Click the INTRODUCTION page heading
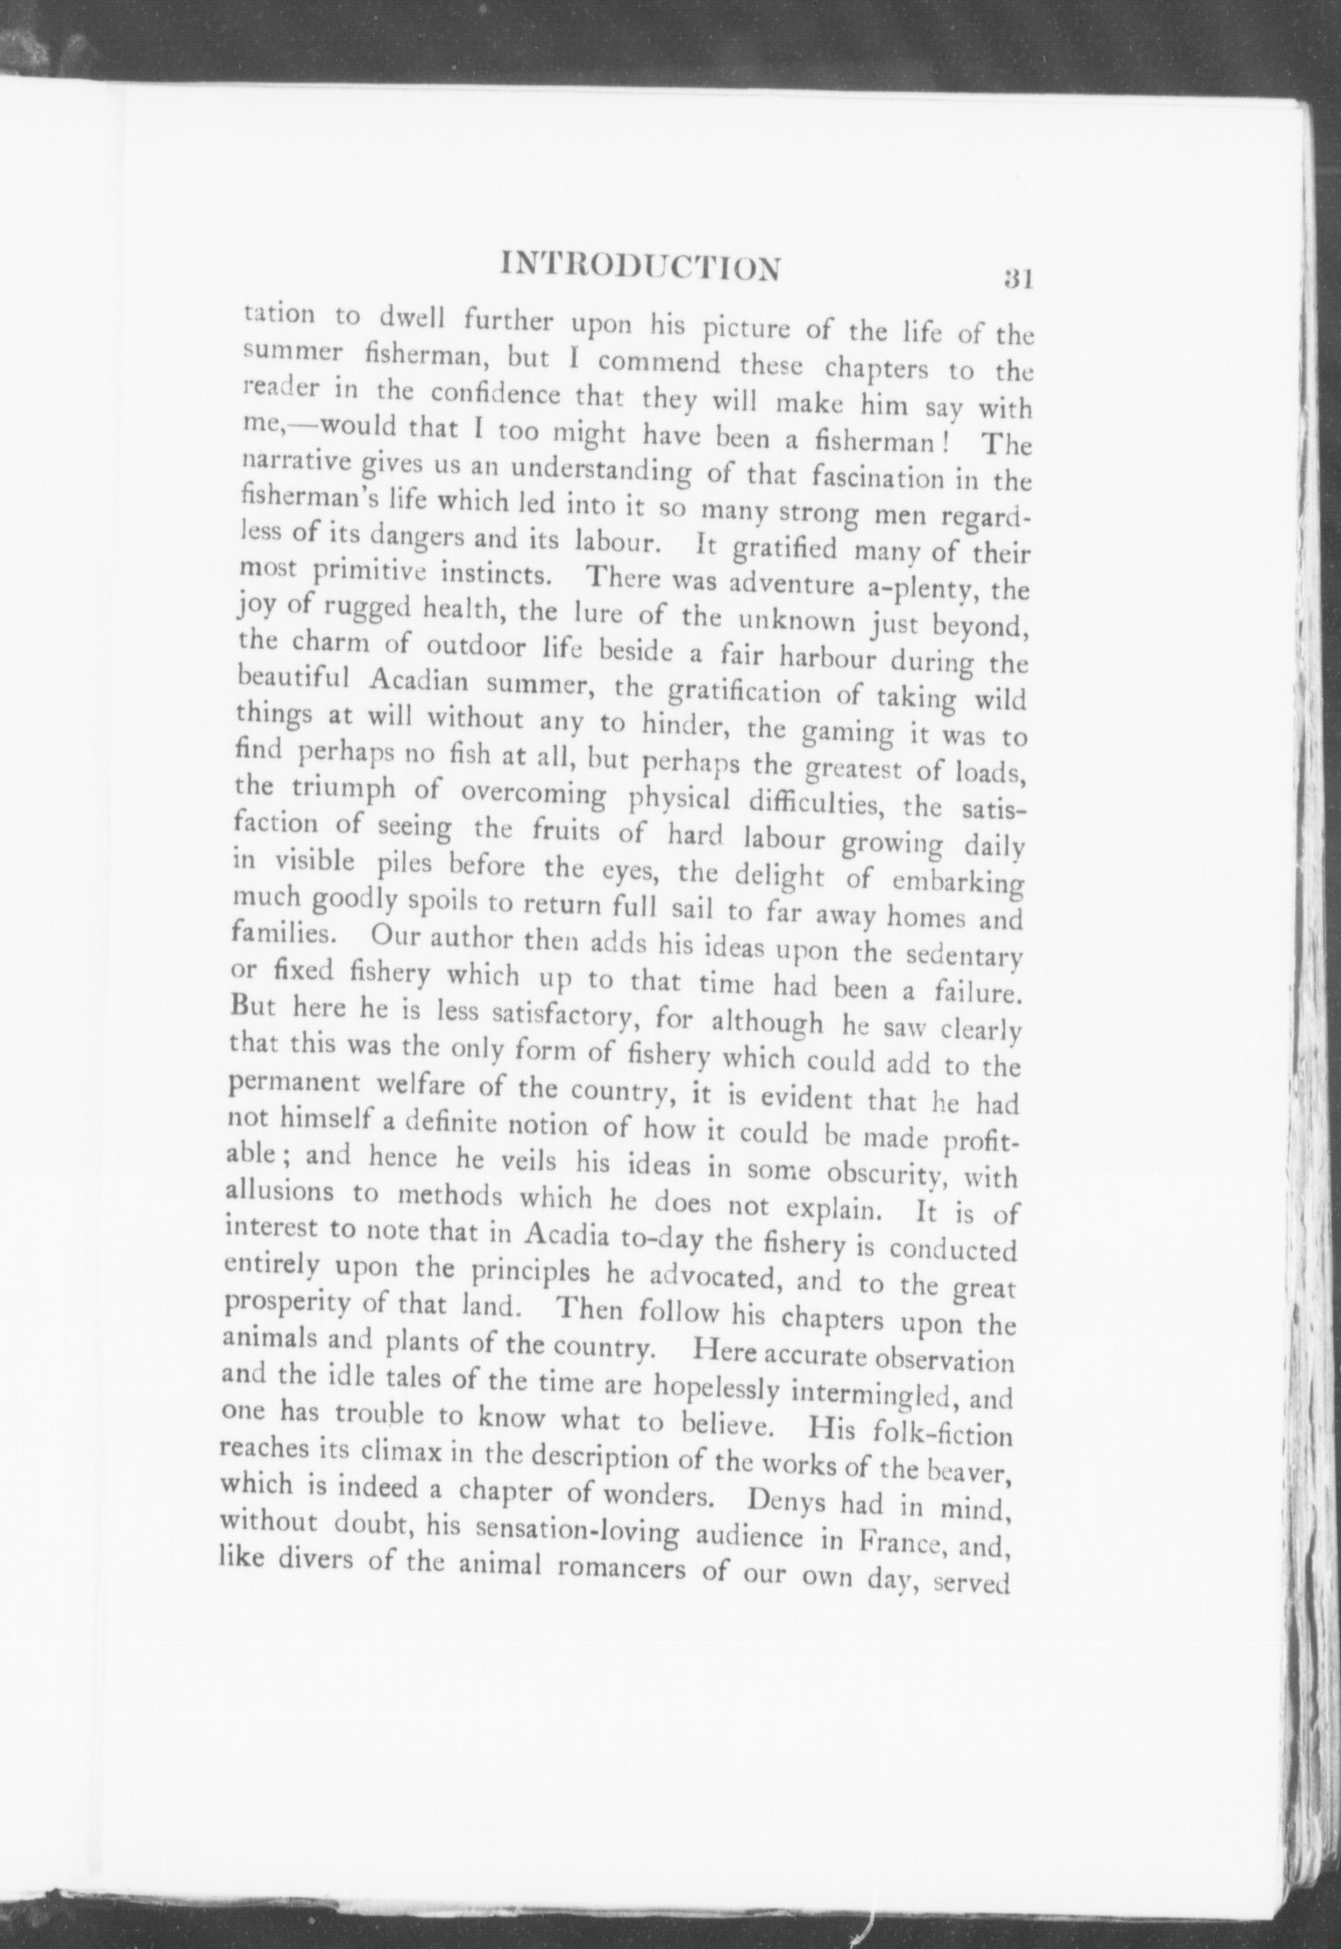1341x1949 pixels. click(641, 267)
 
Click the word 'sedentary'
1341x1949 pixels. click(966, 956)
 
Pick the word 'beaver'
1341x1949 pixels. click(976, 1468)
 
